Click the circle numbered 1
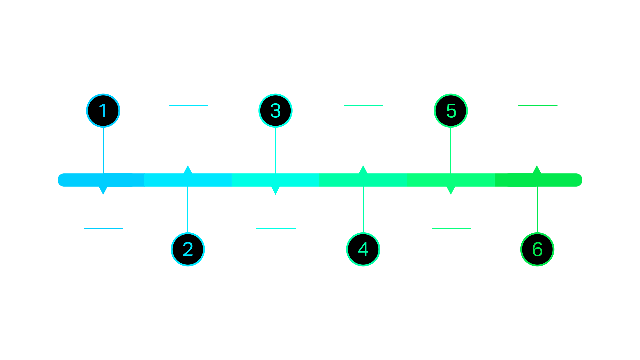103,111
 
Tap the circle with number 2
188,249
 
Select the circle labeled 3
275,111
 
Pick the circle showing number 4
363,249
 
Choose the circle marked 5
451,111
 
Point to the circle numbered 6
537,249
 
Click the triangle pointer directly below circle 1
103,190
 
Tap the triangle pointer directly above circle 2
188,170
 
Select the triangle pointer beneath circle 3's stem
276,190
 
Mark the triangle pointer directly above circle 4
363,170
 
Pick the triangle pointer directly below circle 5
451,190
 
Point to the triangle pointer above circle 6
537,170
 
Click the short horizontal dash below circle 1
104,228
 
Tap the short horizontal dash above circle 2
188,105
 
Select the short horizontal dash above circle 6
538,105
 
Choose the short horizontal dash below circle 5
451,228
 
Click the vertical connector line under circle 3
275,150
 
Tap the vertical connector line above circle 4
363,209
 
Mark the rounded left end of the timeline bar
61,180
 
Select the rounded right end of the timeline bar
579,180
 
